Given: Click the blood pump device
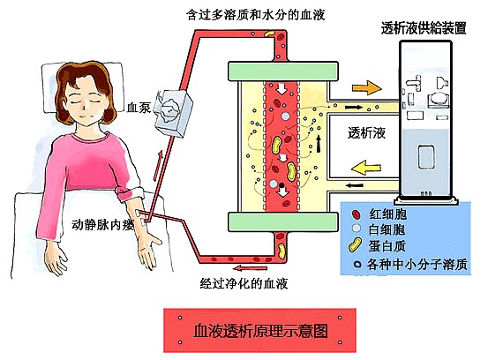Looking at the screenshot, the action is pyautogui.click(x=174, y=113).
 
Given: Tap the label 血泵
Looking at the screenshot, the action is pyautogui.click(x=139, y=108).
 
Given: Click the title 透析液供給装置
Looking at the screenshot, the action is pyautogui.click(x=424, y=28).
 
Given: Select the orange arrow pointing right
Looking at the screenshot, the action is pyautogui.click(x=366, y=87).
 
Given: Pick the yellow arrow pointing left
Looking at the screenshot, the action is pyautogui.click(x=366, y=168).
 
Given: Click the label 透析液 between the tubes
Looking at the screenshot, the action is pyautogui.click(x=366, y=133).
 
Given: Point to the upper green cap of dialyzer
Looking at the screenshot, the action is pyautogui.click(x=283, y=71).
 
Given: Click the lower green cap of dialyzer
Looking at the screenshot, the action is pyautogui.click(x=283, y=221).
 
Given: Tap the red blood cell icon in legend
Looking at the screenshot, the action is pyautogui.click(x=356, y=214).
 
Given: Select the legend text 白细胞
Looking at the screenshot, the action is pyautogui.click(x=387, y=229).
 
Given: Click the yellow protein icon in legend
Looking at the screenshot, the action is pyautogui.click(x=355, y=245).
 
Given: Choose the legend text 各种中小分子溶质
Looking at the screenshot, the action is pyautogui.click(x=417, y=265).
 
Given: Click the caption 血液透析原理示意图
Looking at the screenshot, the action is pyautogui.click(x=260, y=330).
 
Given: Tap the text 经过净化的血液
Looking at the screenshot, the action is pyautogui.click(x=244, y=283).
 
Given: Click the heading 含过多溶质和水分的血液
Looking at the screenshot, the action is pyautogui.click(x=256, y=15).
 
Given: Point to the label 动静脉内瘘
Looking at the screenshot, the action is pyautogui.click(x=103, y=224).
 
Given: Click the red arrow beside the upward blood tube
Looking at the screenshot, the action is pyautogui.click(x=158, y=165).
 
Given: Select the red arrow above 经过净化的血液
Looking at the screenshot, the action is pyautogui.click(x=251, y=267).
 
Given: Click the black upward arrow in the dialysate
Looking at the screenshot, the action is pyautogui.click(x=319, y=144).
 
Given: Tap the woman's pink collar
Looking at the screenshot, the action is pyautogui.click(x=91, y=138).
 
